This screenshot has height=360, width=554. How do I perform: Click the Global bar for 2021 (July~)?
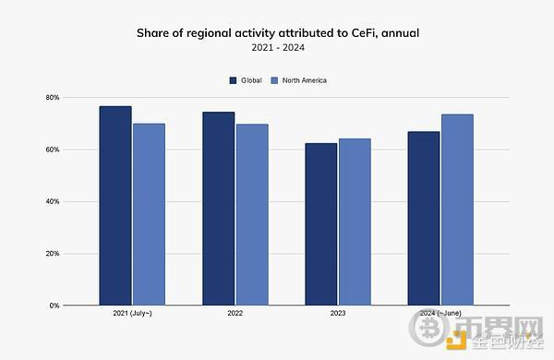point(115,205)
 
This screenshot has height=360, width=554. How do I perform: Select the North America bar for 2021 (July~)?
point(148,214)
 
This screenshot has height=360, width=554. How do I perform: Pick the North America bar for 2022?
point(251,214)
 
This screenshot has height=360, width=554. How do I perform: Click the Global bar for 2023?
point(321,224)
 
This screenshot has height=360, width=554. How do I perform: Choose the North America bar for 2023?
point(355,222)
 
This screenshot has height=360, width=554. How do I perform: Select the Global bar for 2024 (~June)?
point(424,218)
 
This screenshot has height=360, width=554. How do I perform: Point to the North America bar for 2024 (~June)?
point(457,210)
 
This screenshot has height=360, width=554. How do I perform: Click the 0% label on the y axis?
point(54,306)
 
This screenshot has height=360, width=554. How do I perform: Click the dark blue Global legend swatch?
point(233,80)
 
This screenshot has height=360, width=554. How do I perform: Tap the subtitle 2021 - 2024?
point(276,47)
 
